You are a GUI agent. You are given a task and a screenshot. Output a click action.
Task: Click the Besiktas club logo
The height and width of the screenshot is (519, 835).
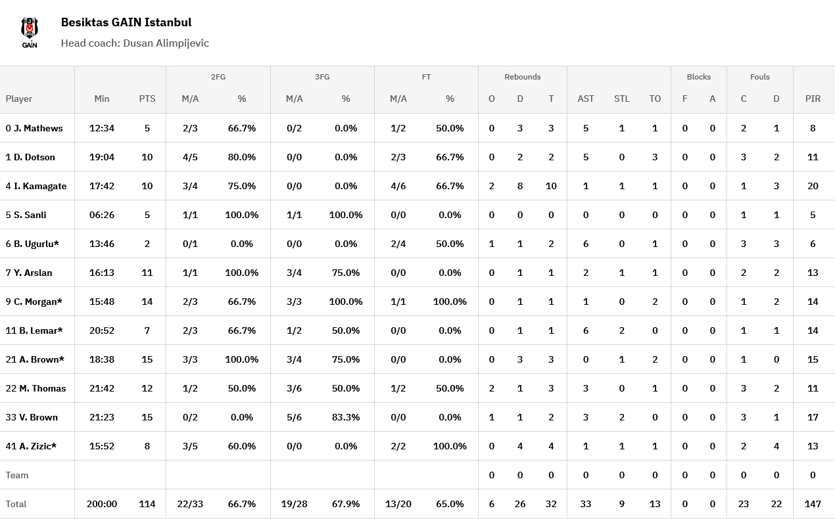pos(30,32)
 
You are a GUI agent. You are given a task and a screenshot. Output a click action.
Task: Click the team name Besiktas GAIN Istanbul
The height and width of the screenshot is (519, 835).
pos(126,22)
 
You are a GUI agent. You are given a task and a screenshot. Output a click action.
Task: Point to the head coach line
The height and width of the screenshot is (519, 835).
pos(135,43)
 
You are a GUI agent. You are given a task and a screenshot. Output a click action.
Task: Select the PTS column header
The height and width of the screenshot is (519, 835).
pos(147,99)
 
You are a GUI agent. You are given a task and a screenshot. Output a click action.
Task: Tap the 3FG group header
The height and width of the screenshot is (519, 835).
pos(322,77)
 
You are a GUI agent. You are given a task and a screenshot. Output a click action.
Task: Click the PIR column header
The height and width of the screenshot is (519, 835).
pos(813,99)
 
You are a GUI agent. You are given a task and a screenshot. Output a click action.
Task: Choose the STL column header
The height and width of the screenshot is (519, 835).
pos(621,99)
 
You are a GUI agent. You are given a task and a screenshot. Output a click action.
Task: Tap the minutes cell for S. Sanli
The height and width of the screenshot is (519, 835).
pos(102,215)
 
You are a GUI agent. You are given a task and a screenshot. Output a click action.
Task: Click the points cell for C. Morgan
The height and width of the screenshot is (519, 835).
pos(147,302)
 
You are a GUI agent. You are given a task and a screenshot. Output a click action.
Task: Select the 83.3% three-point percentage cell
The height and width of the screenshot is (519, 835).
pos(346,417)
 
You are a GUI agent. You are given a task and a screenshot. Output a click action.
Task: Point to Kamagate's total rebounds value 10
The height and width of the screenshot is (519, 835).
pos(551,186)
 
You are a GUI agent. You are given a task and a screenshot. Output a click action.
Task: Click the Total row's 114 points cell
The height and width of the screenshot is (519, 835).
pos(147,504)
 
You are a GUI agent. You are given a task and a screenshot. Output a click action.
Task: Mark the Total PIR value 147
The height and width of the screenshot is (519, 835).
pos(813,504)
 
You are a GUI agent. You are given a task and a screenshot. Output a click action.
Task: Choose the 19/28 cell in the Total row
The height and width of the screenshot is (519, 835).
pos(294,504)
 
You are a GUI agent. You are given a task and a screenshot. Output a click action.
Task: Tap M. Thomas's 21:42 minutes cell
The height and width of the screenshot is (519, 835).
pos(102,388)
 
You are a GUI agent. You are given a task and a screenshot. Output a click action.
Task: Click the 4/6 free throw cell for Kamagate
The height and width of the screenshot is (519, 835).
pos(398,186)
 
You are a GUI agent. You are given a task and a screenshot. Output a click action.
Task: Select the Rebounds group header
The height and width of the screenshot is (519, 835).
pos(523,77)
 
